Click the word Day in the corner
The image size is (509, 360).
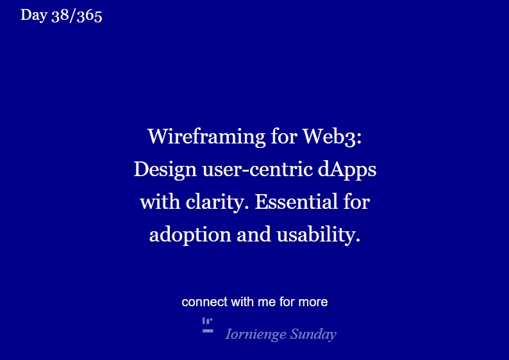33,15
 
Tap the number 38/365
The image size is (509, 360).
76,15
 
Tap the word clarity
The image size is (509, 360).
217,202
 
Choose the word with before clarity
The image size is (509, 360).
160,202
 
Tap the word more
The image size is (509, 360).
313,302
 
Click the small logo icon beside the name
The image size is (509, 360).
208,325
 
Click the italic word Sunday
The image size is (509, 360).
313,334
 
